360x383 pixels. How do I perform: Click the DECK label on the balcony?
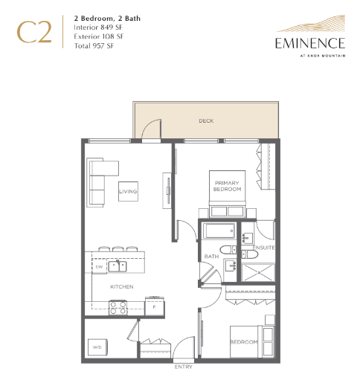click(x=206, y=121)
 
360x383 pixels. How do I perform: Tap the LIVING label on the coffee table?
click(x=128, y=191)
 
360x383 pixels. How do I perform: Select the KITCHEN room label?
click(x=122, y=286)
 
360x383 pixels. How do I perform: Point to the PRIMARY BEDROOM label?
click(x=227, y=186)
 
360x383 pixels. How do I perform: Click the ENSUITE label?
click(x=263, y=248)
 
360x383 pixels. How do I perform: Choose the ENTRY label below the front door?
click(x=183, y=367)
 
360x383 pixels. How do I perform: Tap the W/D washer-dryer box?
click(x=97, y=347)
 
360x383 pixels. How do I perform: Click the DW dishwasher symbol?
click(x=99, y=266)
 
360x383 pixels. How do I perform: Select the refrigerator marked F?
click(x=155, y=306)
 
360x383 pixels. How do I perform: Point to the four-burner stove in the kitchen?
click(x=118, y=308)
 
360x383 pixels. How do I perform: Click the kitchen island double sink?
click(x=118, y=266)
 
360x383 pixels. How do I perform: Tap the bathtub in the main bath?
click(x=219, y=231)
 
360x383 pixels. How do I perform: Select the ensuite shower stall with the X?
click(x=258, y=272)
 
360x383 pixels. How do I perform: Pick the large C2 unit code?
click(x=34, y=32)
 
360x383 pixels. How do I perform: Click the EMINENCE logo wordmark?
click(x=310, y=43)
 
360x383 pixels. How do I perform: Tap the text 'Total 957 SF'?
click(x=94, y=46)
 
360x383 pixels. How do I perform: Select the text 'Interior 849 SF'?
click(x=98, y=28)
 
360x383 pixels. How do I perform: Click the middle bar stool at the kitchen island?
click(x=118, y=248)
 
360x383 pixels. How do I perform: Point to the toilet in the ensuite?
click(x=250, y=254)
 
